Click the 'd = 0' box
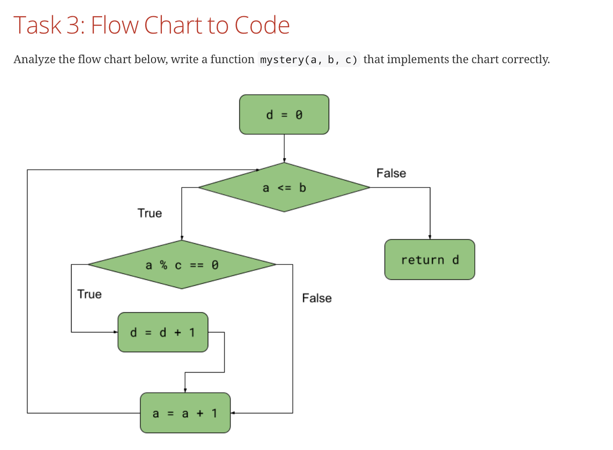click(284, 114)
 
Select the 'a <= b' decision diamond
click(284, 187)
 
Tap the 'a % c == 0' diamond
click(182, 265)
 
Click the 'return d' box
click(429, 260)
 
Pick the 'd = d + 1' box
click(162, 332)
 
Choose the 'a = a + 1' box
click(185, 413)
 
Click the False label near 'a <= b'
click(391, 173)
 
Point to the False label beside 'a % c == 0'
click(317, 298)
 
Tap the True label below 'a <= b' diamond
click(150, 213)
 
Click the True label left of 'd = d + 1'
click(89, 294)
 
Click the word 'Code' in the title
click(262, 25)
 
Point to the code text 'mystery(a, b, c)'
click(309, 60)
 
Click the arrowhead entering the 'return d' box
click(430, 237)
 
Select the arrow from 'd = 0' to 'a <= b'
click(284, 148)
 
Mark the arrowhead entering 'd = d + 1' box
click(115, 332)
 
